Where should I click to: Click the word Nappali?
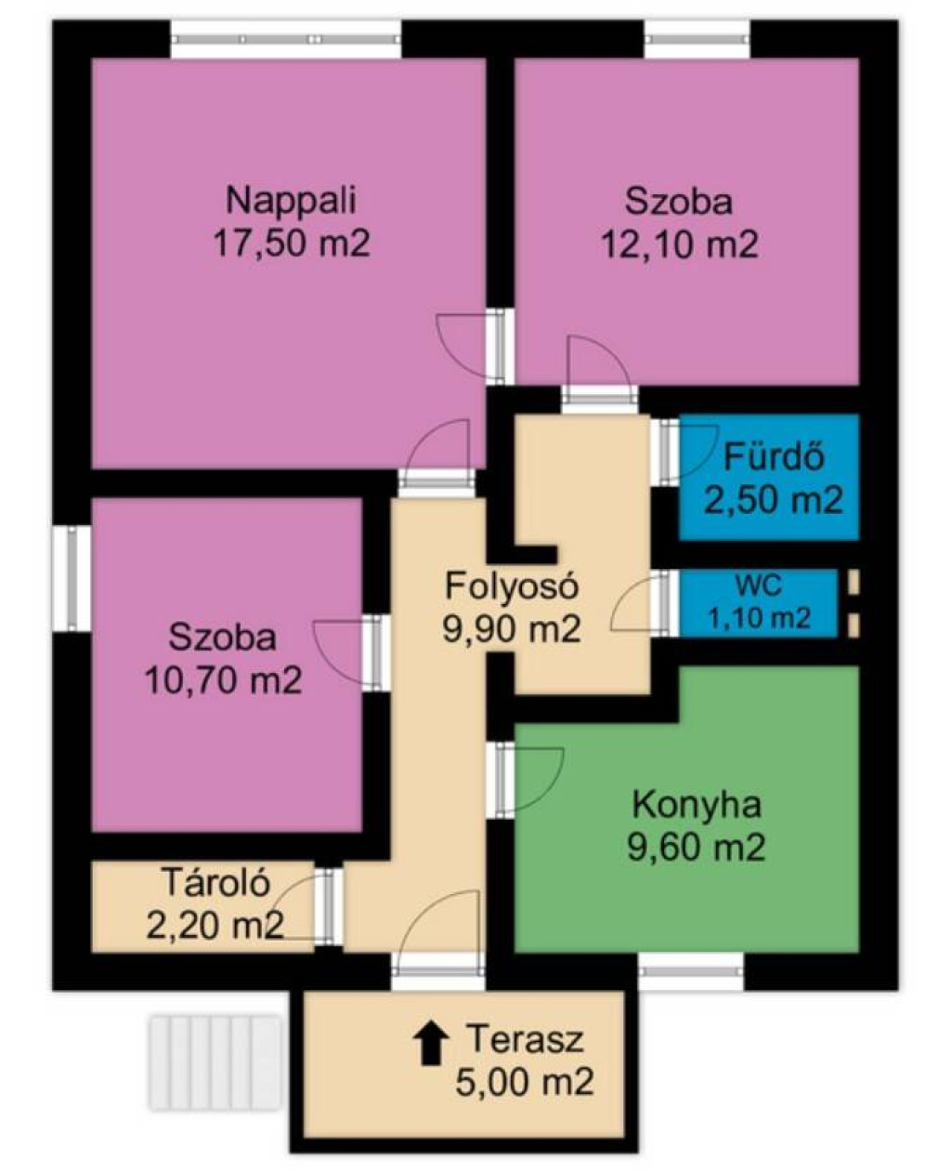(x=291, y=201)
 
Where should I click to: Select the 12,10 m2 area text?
(x=680, y=244)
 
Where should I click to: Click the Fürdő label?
(x=774, y=456)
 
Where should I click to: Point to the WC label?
(x=759, y=585)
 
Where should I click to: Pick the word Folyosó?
(x=512, y=586)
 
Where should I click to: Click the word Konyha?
(x=697, y=805)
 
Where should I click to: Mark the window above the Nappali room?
(x=285, y=39)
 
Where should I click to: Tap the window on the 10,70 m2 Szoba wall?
(x=72, y=578)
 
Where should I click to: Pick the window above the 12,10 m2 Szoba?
(x=697, y=39)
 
